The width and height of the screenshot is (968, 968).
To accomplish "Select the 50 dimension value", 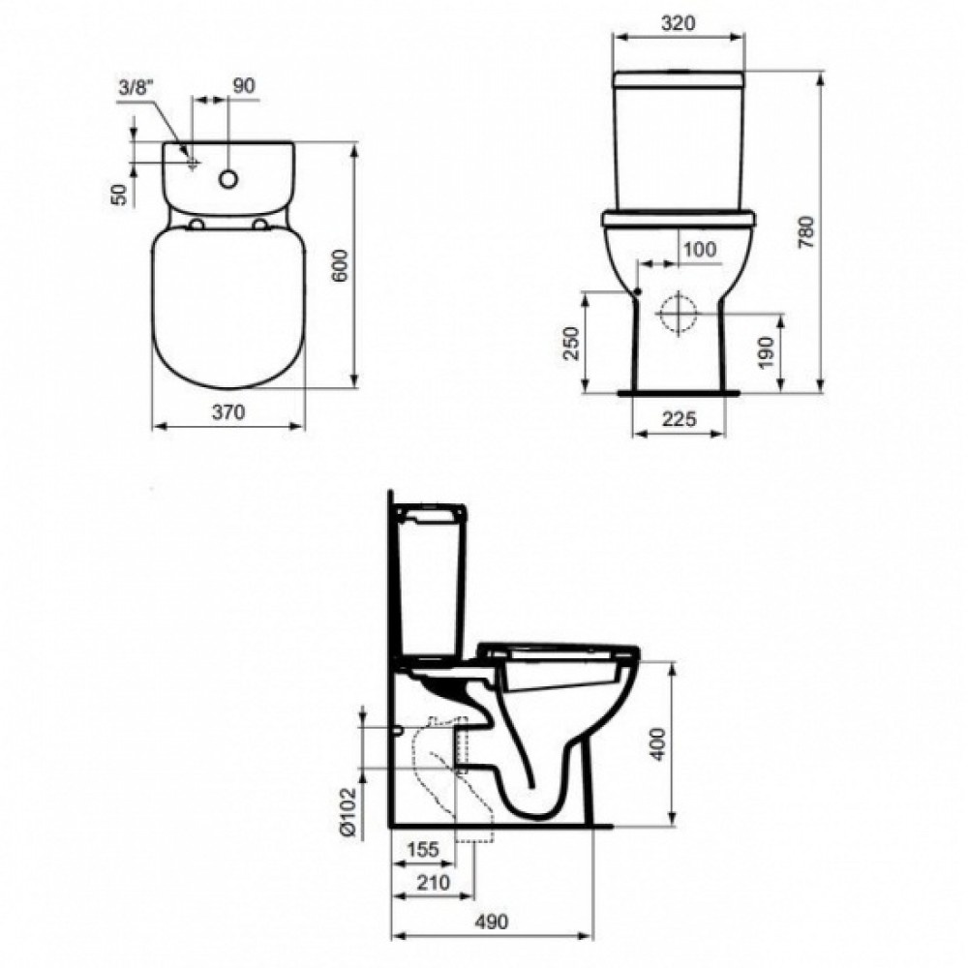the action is [121, 195].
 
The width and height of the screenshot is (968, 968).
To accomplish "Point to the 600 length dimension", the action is [341, 265].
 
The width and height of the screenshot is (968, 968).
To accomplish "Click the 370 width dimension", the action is [228, 411].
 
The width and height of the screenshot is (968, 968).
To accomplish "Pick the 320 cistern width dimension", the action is [678, 23].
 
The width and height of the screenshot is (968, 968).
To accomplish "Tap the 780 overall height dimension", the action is [806, 232].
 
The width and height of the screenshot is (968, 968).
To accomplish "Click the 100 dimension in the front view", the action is [700, 250].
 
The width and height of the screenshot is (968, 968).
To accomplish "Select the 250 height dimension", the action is [573, 344].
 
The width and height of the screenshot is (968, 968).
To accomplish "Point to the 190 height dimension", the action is [766, 353].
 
